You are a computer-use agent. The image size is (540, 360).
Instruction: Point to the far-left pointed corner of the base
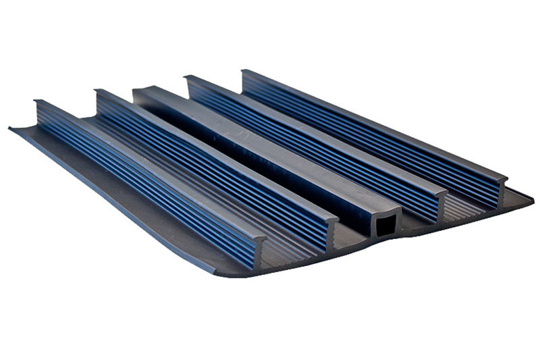pos(11,128)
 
